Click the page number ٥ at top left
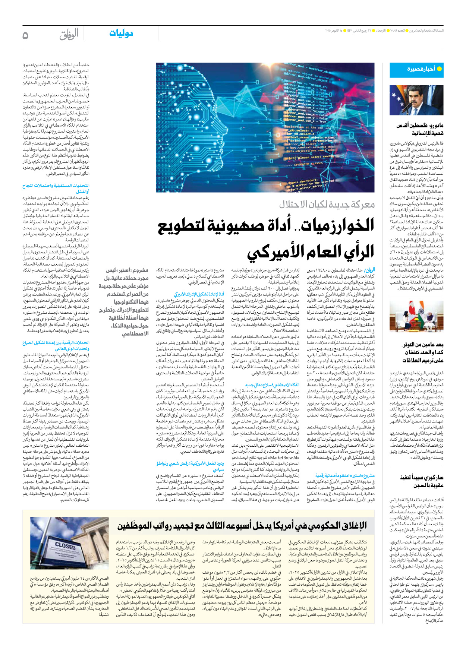pos(25,35)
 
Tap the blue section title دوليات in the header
pos(121,33)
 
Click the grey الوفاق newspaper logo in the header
pos(69,35)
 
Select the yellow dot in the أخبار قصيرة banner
pos(439,69)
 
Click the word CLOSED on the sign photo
pos(65,545)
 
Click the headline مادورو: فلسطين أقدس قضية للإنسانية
pos(420,129)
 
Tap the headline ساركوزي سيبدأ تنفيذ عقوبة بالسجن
pos(422,481)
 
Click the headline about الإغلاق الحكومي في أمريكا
pos(242,526)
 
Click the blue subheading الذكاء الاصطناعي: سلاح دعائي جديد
pos(272,385)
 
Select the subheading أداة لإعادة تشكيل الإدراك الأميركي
pos(199,294)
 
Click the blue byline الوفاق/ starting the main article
pos(369,270)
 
